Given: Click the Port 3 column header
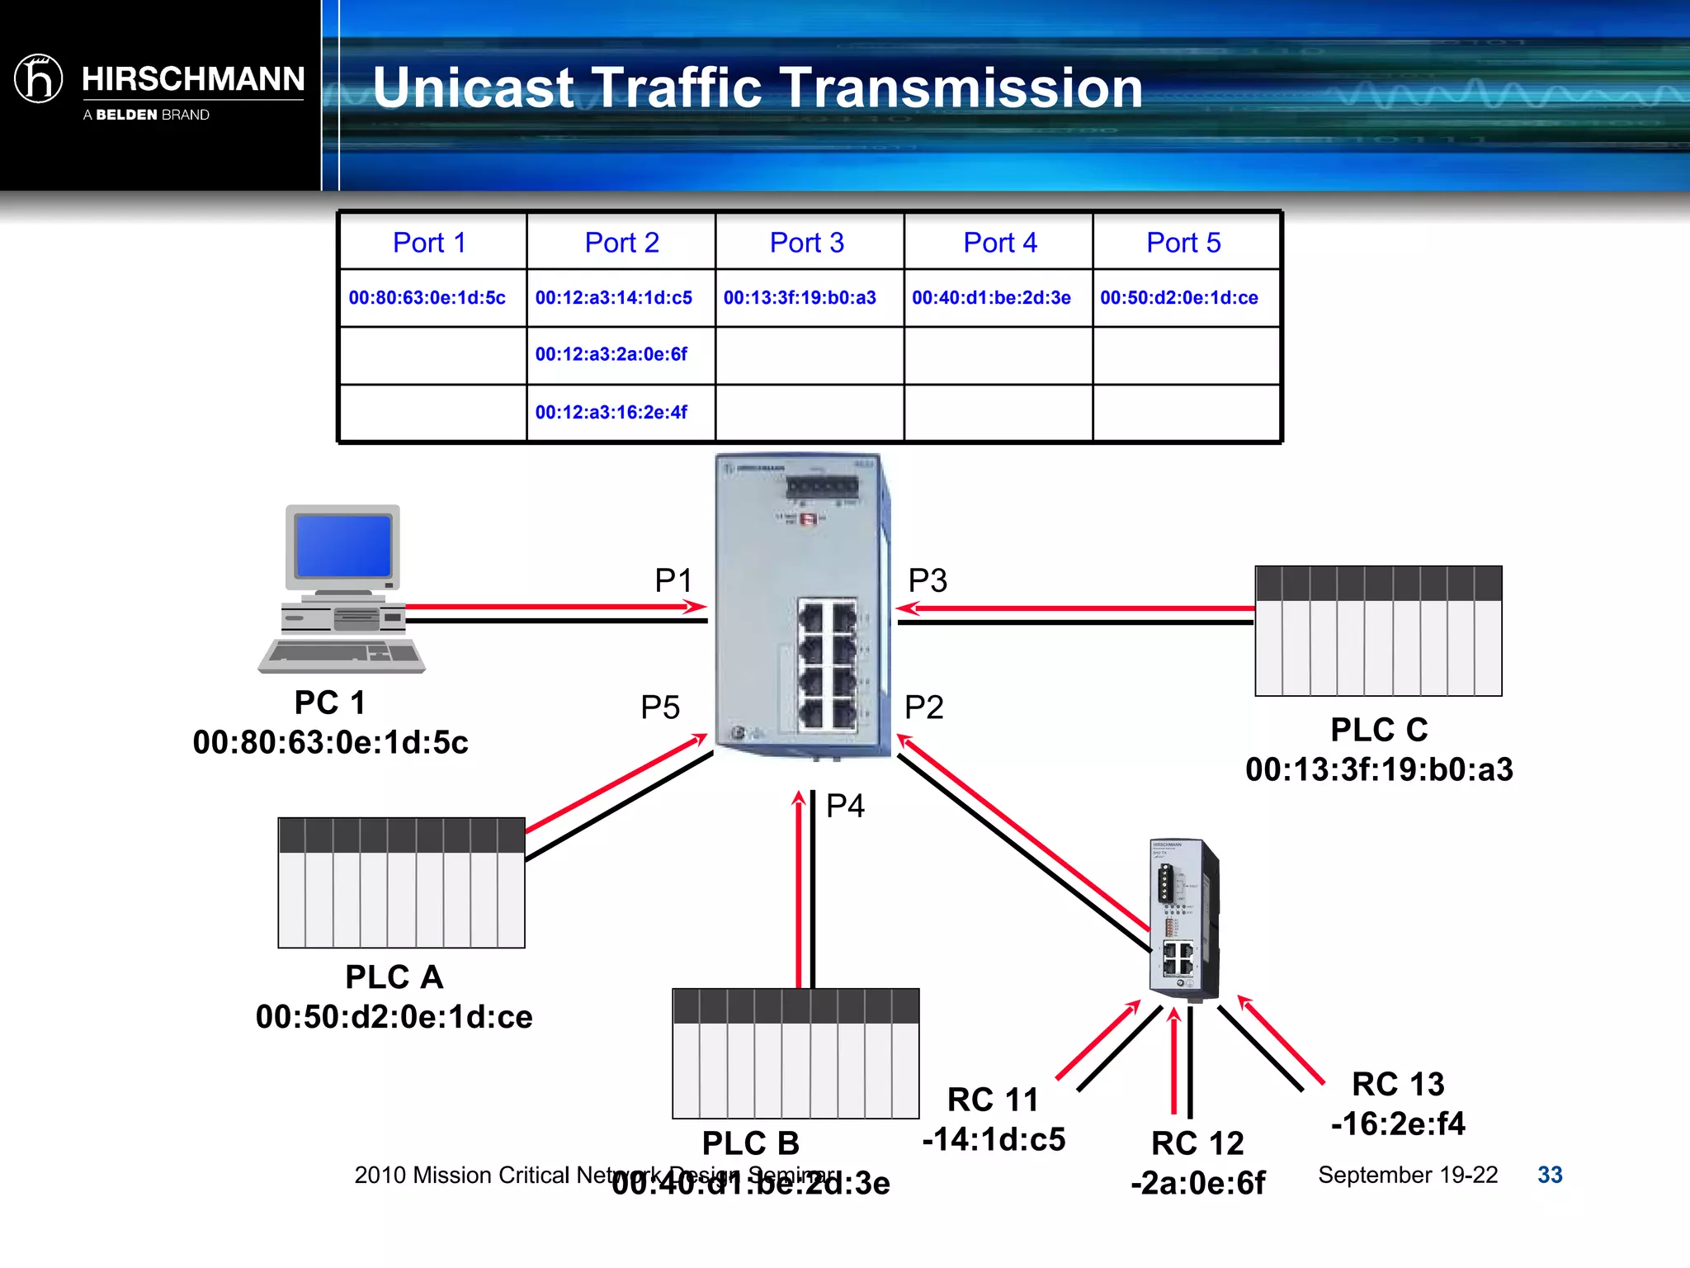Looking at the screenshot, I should [x=807, y=243].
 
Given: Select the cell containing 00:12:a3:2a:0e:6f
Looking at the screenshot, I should [x=611, y=354].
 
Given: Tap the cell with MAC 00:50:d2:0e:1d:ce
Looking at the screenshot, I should [x=1179, y=298].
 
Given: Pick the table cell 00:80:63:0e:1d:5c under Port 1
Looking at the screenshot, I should [x=427, y=298].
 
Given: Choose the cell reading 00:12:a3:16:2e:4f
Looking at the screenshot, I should [x=611, y=412].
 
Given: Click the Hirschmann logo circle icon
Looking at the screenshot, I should [x=39, y=79].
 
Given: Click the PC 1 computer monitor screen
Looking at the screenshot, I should [x=343, y=546].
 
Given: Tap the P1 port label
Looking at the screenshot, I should [x=673, y=580].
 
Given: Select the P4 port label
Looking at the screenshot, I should [x=845, y=805].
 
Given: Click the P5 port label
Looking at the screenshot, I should [x=660, y=707].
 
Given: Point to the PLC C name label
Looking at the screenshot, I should [x=1379, y=730].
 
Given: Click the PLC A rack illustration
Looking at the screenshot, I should [x=402, y=882].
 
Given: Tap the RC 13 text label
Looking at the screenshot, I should [x=1398, y=1084].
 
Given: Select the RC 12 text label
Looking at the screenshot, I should [x=1197, y=1143].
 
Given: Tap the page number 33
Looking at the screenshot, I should [x=1550, y=1175].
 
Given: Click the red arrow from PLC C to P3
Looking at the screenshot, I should [x=1073, y=608].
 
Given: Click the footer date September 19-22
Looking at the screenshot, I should [x=1408, y=1175].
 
